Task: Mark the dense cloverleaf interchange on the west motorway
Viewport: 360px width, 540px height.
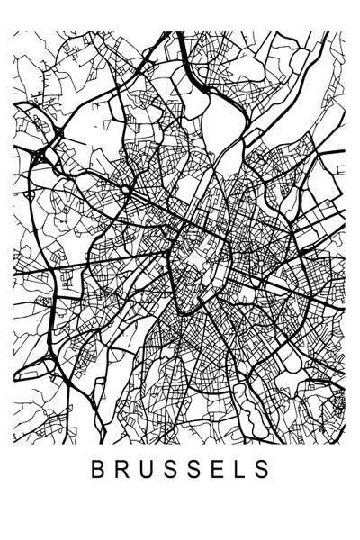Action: (x=37, y=158)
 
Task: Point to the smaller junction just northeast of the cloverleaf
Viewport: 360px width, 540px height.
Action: (x=56, y=135)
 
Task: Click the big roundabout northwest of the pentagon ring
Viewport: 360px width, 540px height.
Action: (x=129, y=192)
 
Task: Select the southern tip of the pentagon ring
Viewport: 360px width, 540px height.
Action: (x=184, y=310)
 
